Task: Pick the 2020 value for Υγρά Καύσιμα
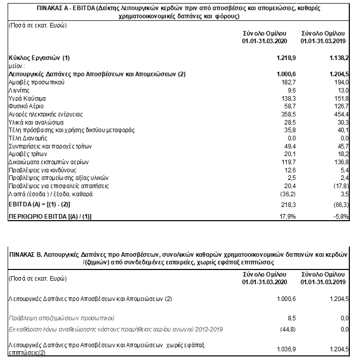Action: coord(282,98)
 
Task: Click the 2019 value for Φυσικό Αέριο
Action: coord(339,106)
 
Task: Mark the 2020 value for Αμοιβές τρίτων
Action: coord(283,154)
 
